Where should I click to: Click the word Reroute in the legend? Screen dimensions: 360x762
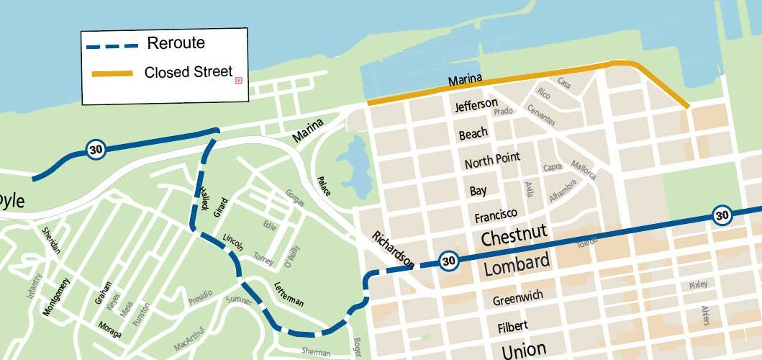176,43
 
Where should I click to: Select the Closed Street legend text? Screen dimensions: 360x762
188,72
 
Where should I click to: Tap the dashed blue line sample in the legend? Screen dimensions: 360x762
112,46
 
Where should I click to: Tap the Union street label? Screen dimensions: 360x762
524,350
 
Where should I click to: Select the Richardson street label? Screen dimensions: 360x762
393,250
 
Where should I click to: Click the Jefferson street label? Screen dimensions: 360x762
476,105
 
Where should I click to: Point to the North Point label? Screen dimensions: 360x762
491,161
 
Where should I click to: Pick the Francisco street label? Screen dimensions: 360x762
496,215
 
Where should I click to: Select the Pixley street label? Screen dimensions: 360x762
697,285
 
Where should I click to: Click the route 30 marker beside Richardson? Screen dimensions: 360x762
448,261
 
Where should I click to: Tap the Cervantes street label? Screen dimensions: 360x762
540,115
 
